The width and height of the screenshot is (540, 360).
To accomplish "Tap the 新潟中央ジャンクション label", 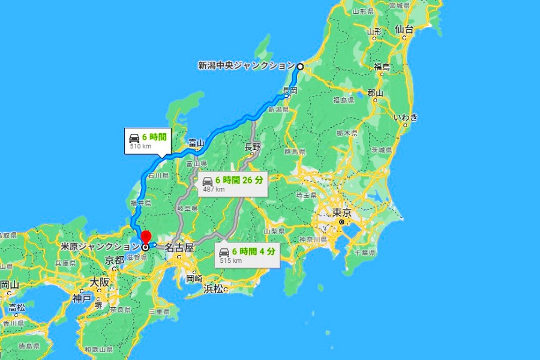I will click(246, 65).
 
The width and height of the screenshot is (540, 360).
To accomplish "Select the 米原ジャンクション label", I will click(100, 246).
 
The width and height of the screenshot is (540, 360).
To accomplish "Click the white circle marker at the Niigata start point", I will click(300, 66).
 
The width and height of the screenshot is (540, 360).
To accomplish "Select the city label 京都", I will click(114, 260).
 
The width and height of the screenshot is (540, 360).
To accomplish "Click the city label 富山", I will click(196, 143).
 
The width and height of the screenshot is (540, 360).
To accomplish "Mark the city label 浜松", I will click(213, 289).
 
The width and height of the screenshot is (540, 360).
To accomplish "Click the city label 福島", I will click(382, 67).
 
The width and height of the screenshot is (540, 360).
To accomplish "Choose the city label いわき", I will click(406, 117).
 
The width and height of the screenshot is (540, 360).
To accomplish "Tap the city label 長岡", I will click(291, 90).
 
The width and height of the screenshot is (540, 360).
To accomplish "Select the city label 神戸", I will click(82, 298).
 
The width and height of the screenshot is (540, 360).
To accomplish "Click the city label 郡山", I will click(376, 93).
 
